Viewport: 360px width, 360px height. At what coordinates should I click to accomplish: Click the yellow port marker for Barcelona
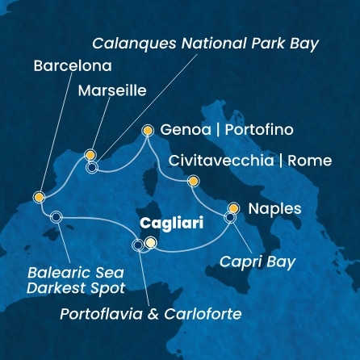[39, 197]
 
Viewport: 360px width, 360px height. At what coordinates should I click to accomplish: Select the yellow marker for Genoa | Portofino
[148, 129]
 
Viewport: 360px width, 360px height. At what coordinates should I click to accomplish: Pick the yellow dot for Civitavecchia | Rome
[192, 182]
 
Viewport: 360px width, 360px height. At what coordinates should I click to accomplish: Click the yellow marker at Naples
[234, 207]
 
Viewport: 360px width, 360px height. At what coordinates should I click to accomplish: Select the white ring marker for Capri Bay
[230, 217]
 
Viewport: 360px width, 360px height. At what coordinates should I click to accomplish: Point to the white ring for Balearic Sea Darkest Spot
[56, 216]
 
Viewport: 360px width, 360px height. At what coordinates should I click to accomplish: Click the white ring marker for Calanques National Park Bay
[92, 168]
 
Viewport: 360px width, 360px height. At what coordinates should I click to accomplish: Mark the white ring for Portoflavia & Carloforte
[138, 245]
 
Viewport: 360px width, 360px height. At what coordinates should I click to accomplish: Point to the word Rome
[312, 161]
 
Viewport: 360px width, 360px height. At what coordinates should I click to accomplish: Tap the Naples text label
[274, 209]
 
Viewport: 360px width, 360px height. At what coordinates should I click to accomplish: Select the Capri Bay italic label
[257, 262]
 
